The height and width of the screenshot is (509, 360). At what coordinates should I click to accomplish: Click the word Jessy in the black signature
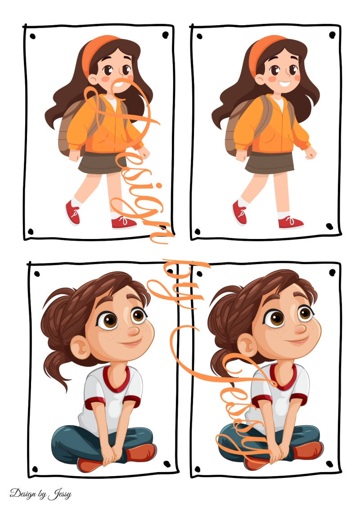pos(60,495)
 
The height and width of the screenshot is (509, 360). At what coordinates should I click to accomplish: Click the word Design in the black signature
pos(22,494)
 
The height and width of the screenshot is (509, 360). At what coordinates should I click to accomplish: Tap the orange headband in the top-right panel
pos(260,52)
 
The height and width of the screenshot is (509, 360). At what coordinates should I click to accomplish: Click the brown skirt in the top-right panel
pos(270,162)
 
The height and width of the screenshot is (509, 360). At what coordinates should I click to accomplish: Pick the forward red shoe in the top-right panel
pos(291,222)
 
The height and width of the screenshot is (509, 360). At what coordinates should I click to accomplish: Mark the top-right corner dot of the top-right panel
pos(332,35)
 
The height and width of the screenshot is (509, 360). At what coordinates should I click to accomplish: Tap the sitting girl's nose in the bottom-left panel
pos(134,331)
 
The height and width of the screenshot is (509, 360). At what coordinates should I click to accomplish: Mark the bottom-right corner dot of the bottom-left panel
pos(167,464)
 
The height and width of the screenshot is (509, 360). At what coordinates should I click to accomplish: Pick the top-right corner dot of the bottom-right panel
pos(333,272)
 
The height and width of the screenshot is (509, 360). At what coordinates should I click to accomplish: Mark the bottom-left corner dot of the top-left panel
pos(31,232)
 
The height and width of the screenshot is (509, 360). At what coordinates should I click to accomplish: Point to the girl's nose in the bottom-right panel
pos(300,329)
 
